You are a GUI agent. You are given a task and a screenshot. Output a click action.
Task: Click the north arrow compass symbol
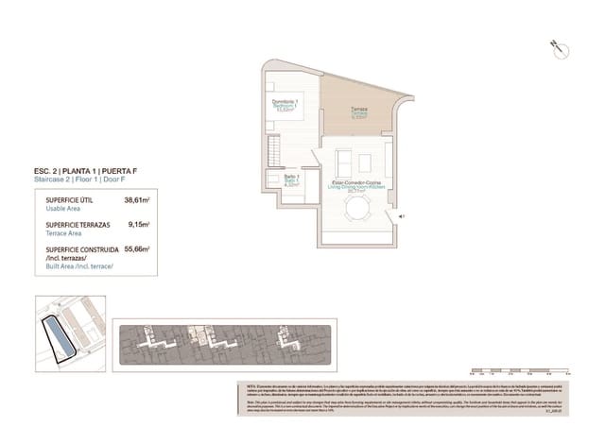(555, 46)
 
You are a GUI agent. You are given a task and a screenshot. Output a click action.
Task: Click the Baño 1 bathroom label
(291, 180)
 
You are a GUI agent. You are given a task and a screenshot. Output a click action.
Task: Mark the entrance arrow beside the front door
(403, 216)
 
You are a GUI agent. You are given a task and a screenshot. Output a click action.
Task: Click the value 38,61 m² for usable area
(138, 200)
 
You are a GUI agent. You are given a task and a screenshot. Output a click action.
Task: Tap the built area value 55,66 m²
(138, 249)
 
